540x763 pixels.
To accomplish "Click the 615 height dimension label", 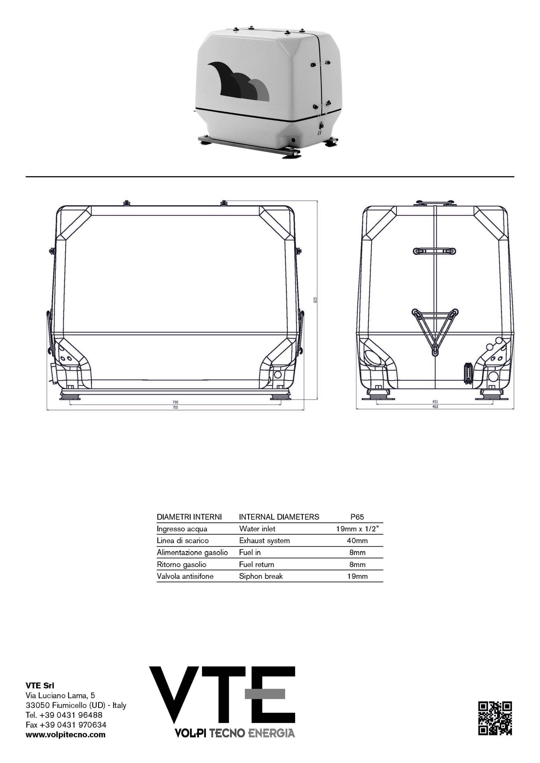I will point(315,300).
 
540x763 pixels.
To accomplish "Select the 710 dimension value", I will point(175,407).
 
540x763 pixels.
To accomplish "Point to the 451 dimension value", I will point(435,402).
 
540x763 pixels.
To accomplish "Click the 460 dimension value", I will point(435,407).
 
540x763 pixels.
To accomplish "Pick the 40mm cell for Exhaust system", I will point(357,541).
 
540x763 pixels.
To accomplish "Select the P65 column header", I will point(357,517).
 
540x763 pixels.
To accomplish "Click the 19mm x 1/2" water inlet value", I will point(357,529).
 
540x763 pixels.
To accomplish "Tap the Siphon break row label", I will point(261,576).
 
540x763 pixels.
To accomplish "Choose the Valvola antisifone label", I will point(185,576).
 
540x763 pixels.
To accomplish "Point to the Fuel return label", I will point(256,565).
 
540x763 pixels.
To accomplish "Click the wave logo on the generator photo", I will point(238,81).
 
